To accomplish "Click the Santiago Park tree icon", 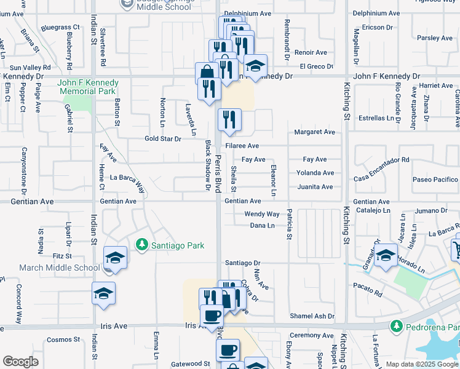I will [142, 245].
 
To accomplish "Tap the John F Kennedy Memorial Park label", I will [88, 87].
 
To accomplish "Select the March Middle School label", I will [59, 268].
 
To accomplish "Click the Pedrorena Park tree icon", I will [397, 325].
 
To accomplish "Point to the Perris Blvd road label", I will [218, 173].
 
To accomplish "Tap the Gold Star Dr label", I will [162, 139].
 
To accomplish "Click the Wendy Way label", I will [262, 214].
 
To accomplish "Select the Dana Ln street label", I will [263, 226].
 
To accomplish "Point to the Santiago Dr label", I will [243, 263].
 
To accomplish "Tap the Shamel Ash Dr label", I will [312, 316].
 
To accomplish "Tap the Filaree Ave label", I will [242, 146].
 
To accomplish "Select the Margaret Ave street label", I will [315, 132].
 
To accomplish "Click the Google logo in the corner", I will [20, 362].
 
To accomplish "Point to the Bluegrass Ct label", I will [61, 28].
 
